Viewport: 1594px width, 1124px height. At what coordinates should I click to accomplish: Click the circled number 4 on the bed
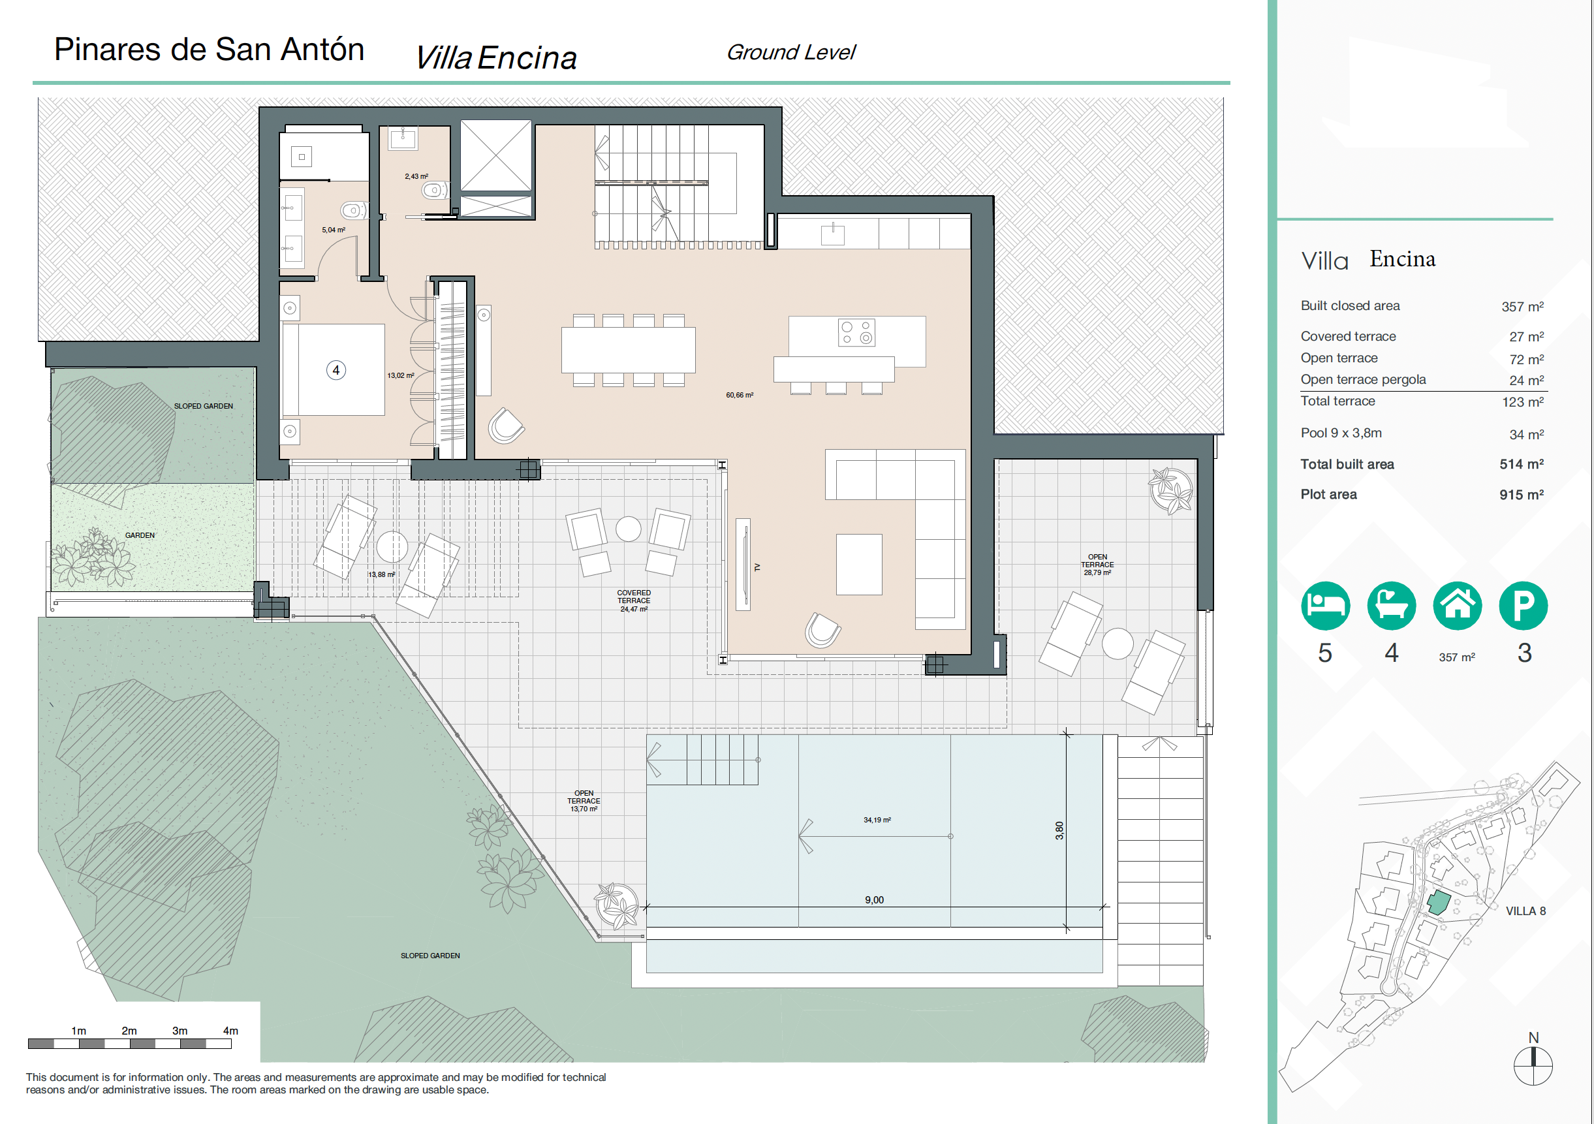(x=336, y=370)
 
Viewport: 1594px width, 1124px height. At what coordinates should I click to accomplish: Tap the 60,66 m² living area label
(x=740, y=395)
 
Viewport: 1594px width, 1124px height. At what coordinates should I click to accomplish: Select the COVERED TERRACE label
(x=634, y=597)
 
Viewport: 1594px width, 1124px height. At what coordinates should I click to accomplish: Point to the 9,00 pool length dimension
(x=874, y=899)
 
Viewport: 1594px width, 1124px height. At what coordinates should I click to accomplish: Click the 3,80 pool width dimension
(x=1059, y=830)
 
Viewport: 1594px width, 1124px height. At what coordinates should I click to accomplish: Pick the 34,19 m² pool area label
(x=877, y=820)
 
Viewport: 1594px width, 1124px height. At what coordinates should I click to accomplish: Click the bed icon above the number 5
(x=1325, y=605)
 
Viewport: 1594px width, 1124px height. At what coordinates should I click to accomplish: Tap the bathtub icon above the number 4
(x=1391, y=605)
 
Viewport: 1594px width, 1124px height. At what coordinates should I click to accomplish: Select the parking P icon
(x=1524, y=605)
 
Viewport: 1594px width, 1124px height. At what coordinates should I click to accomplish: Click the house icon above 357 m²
(x=1457, y=605)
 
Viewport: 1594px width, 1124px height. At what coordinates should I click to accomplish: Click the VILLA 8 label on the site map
(x=1525, y=911)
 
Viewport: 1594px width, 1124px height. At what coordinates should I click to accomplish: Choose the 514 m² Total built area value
(x=1521, y=463)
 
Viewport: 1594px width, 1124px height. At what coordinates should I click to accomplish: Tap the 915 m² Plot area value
(x=1521, y=494)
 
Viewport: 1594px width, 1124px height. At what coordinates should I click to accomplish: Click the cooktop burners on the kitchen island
(x=856, y=332)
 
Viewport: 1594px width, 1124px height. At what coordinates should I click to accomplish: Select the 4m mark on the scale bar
(x=230, y=1031)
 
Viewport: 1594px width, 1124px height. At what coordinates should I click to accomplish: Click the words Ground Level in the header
(x=790, y=52)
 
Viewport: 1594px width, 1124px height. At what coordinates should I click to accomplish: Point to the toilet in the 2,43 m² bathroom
(x=435, y=189)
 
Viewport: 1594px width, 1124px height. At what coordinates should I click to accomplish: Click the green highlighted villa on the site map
(x=1439, y=903)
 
